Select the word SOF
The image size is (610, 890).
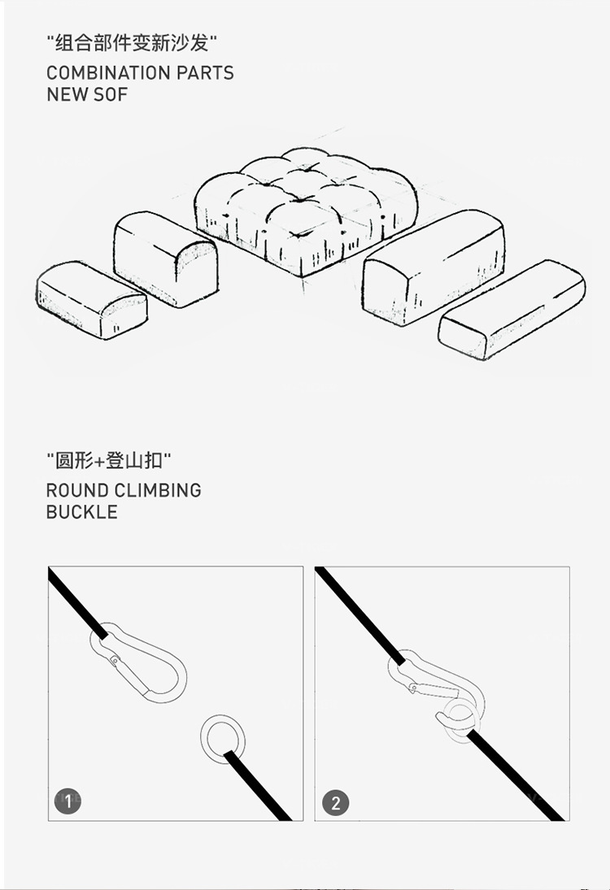(110, 94)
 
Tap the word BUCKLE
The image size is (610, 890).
(82, 512)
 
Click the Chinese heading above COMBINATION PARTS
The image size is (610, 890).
(132, 43)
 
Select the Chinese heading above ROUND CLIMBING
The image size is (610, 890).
(108, 460)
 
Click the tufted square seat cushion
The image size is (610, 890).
(306, 210)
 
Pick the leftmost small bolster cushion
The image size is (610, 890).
(91, 300)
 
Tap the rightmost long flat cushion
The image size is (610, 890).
(512, 310)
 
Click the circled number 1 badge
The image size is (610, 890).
(68, 801)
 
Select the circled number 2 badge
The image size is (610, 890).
(336, 802)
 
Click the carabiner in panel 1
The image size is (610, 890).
(138, 662)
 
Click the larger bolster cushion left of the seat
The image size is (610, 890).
(165, 258)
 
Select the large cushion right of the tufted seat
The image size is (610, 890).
(434, 267)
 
